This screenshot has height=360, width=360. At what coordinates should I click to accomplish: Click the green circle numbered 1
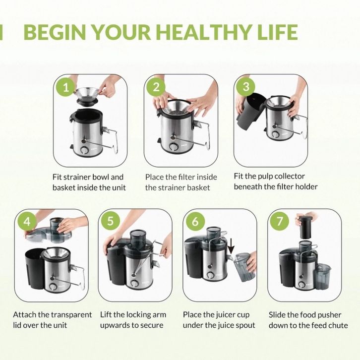click(x=66, y=87)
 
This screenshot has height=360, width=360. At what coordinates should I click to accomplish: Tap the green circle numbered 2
click(x=156, y=87)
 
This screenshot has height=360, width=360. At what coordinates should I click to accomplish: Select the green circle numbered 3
click(x=246, y=87)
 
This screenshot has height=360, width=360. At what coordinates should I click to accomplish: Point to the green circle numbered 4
click(x=27, y=222)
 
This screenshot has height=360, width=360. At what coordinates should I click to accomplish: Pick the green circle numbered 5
click(x=111, y=221)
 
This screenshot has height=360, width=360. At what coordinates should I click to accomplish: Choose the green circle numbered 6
click(x=195, y=221)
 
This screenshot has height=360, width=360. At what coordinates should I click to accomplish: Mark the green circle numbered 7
click(x=279, y=221)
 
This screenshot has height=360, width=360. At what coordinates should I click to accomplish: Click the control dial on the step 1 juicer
click(x=84, y=150)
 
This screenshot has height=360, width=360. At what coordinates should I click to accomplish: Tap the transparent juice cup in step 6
click(x=244, y=267)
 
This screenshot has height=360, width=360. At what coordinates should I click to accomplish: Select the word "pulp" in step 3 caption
click(x=265, y=177)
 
